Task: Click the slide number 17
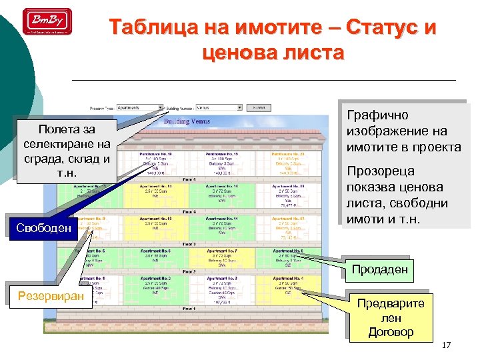point(446,345)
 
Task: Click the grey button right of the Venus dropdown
point(258,107)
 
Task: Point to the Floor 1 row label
point(189,309)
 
